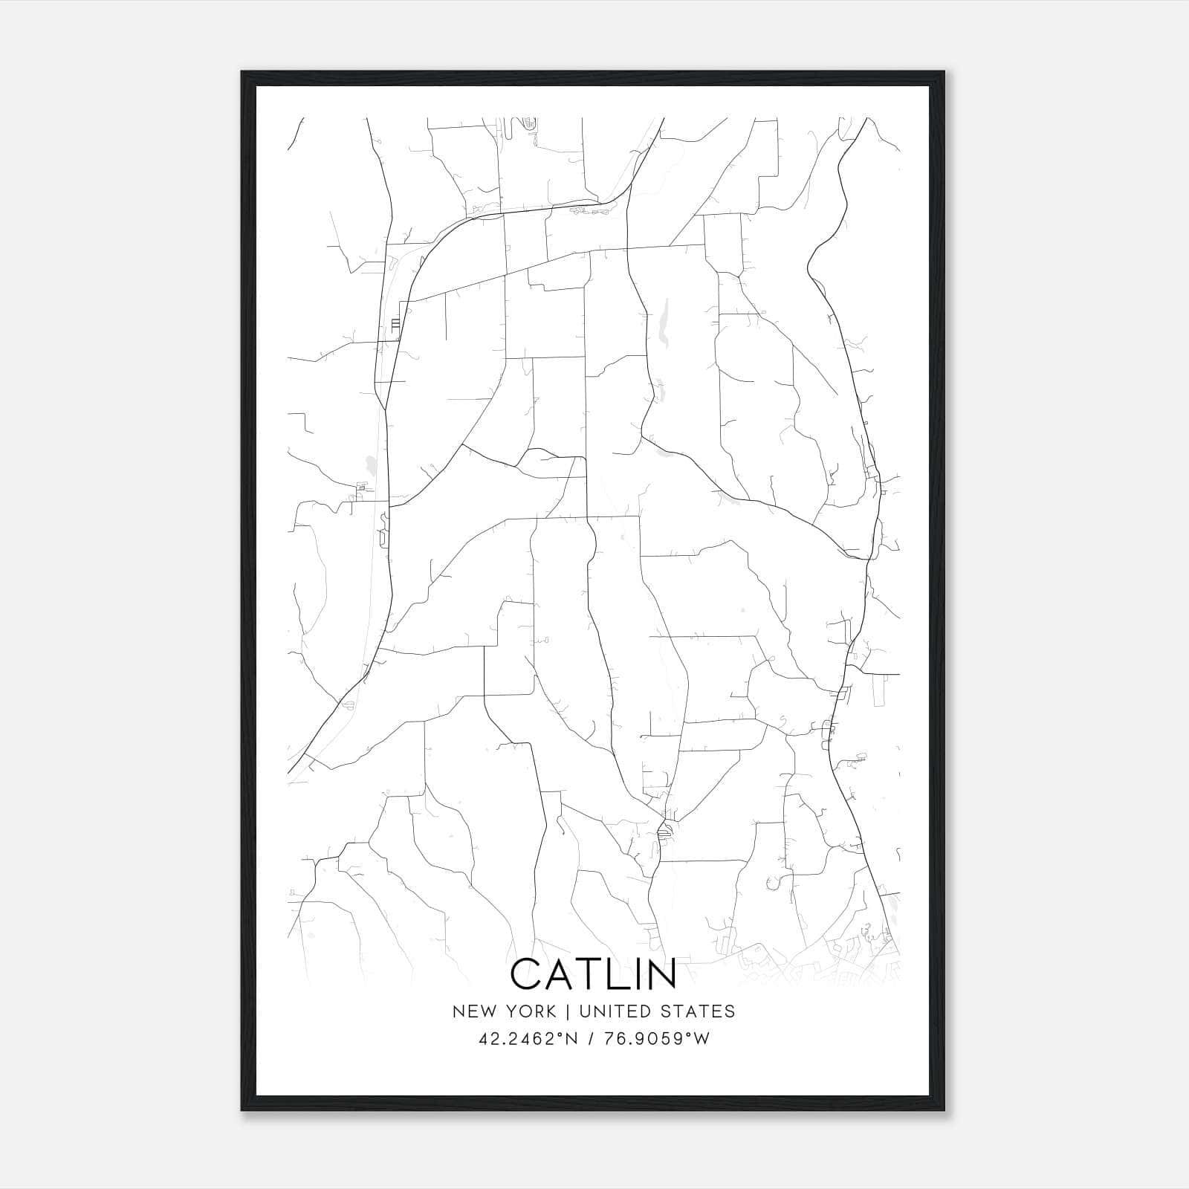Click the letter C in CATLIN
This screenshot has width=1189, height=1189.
(527, 974)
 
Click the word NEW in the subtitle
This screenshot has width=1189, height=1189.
(471, 1011)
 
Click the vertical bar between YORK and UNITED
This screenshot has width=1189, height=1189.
(567, 1011)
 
